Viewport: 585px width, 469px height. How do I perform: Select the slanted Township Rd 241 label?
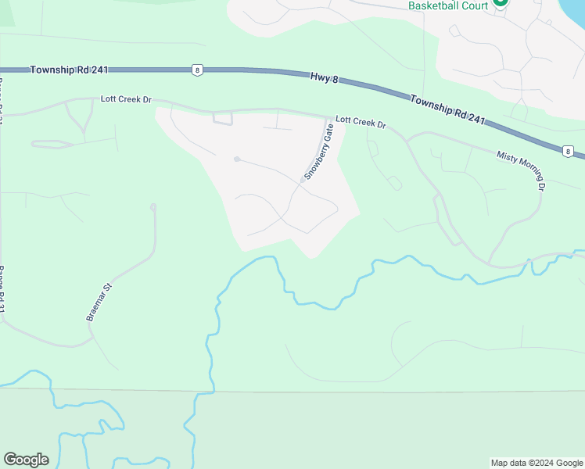pos(447,109)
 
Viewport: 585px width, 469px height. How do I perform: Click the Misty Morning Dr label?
pos(520,169)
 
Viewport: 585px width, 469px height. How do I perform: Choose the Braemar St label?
pos(99,303)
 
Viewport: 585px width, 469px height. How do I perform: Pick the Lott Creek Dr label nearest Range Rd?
pos(125,100)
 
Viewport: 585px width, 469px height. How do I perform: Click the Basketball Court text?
pos(448,6)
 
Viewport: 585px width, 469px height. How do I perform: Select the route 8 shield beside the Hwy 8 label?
pos(196,70)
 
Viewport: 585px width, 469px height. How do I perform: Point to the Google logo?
pos(26,459)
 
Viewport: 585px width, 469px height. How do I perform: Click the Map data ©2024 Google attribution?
pos(536,463)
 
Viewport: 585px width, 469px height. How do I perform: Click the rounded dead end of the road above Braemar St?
pos(153,207)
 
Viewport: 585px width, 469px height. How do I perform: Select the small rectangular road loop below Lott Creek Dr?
pos(223,119)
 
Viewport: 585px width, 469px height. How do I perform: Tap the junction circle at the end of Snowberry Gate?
pos(303,181)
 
